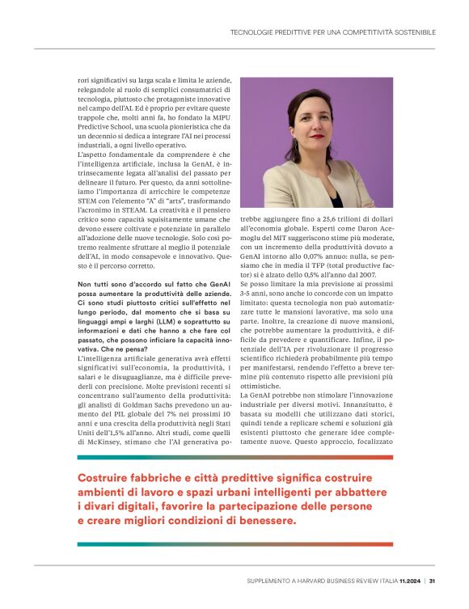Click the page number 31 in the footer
coord(433,580)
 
